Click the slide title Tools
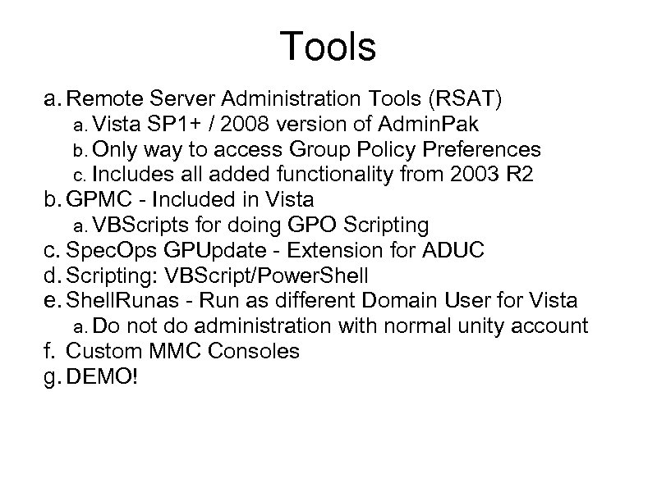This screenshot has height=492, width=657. pos(328,47)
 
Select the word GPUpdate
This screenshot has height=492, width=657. pos(205,248)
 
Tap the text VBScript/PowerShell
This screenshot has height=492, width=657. pos(271,275)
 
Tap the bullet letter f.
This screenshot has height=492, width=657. pos(48,351)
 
